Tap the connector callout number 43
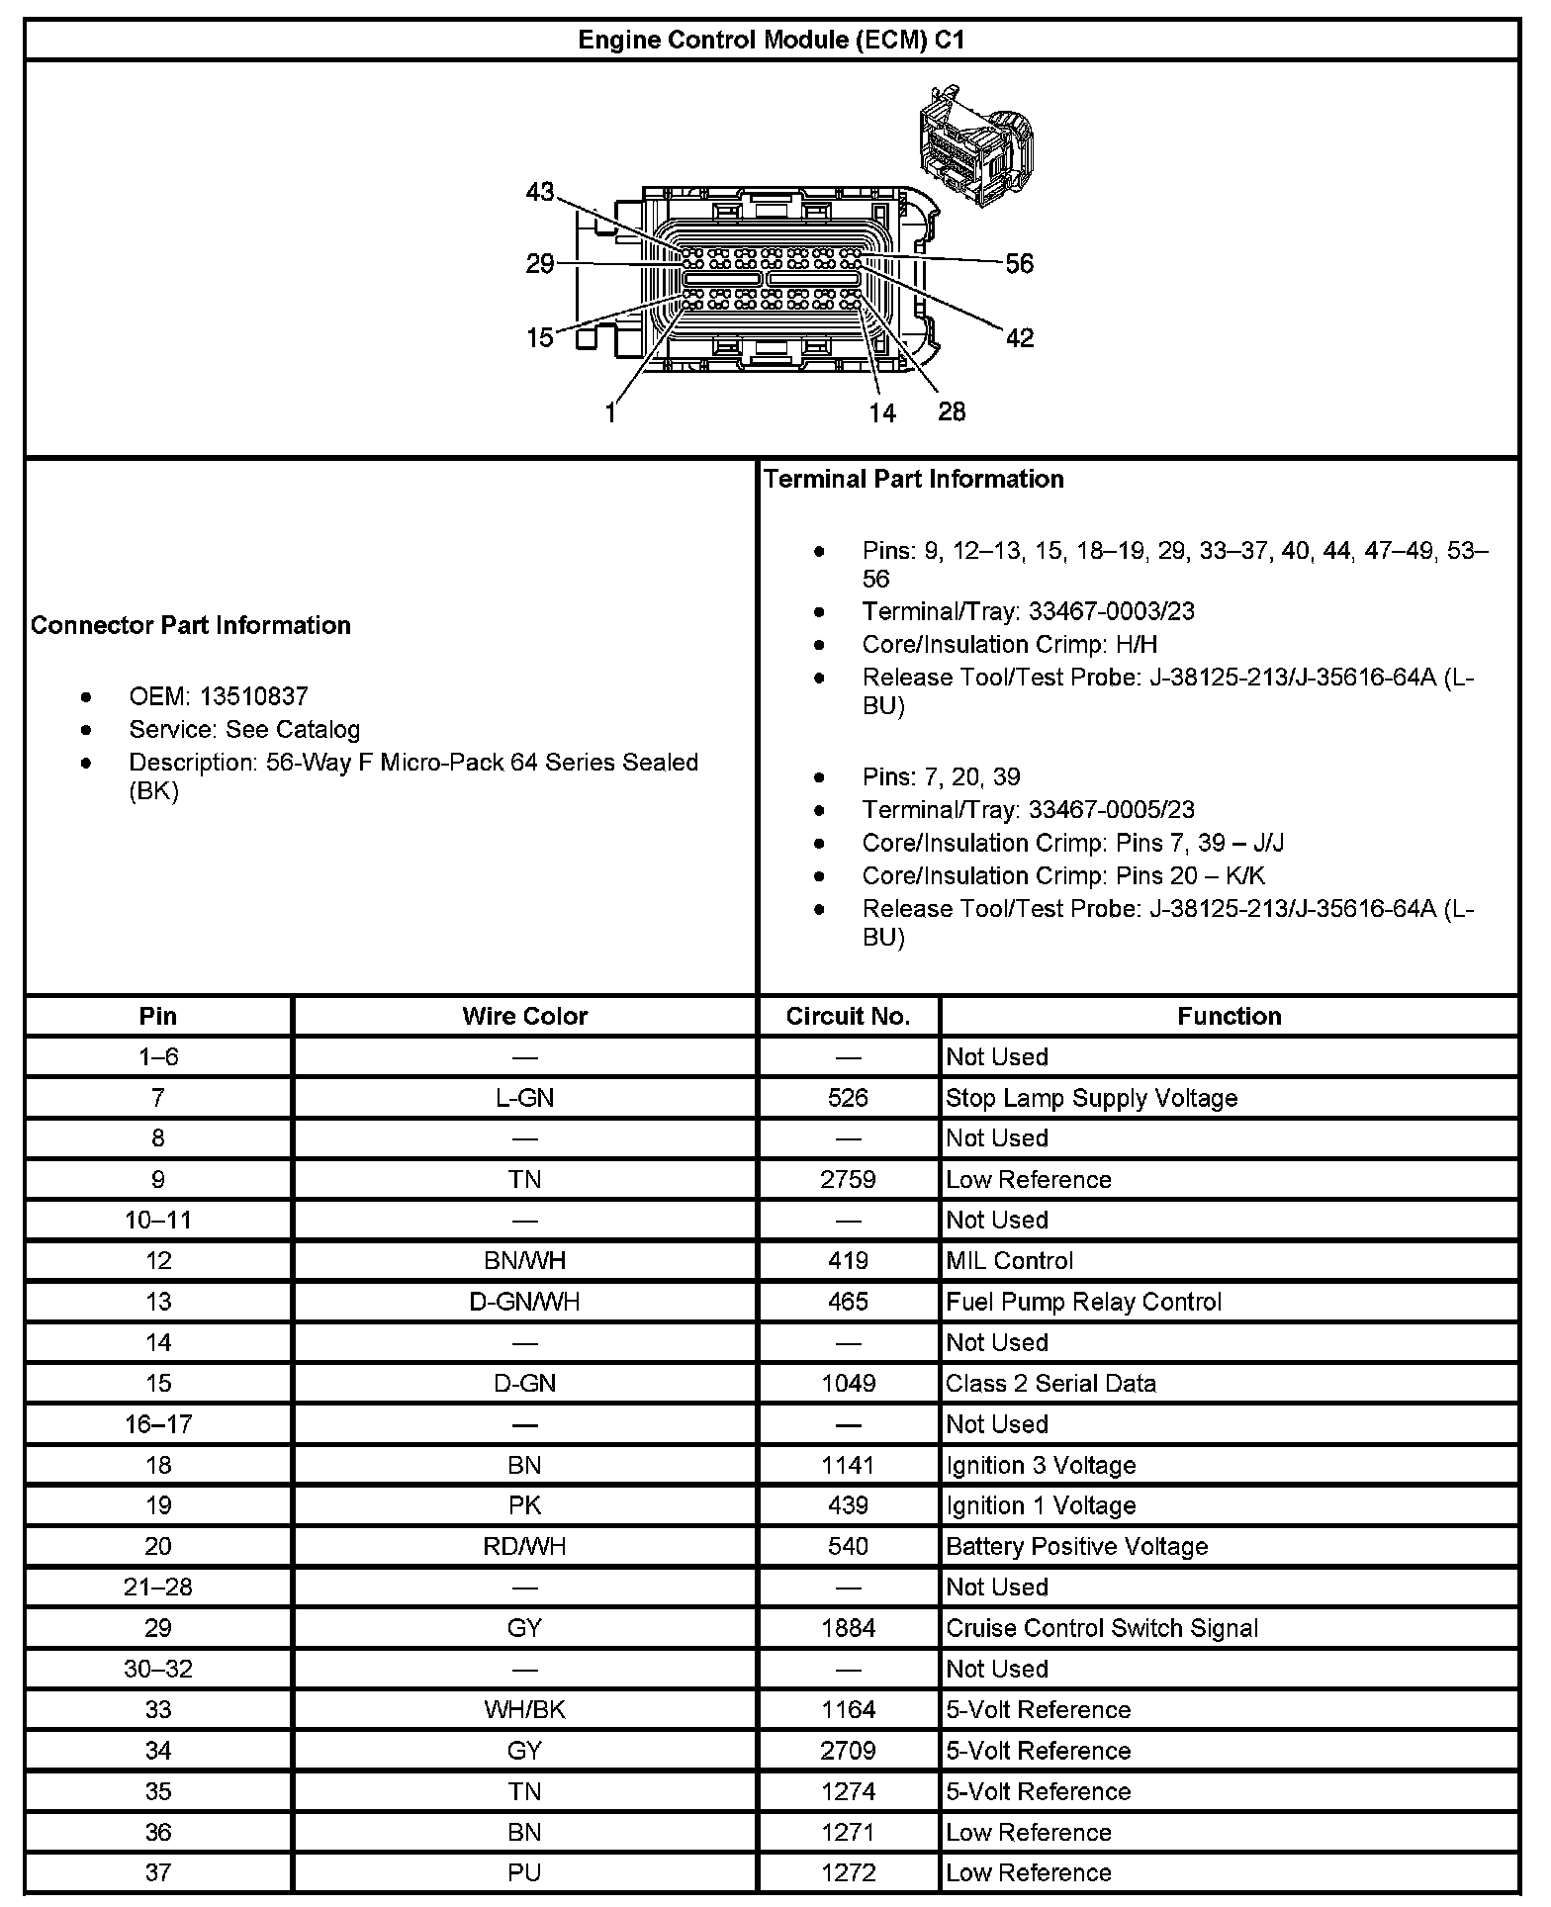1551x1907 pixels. (540, 192)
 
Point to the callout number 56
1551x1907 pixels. (1019, 264)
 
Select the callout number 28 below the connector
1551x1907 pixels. (952, 411)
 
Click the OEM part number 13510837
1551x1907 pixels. (253, 696)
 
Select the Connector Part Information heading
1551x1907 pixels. (191, 625)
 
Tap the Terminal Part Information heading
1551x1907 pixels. (913, 480)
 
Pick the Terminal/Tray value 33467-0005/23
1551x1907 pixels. (1111, 810)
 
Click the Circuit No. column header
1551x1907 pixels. (848, 1016)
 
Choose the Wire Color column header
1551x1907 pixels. (524, 1016)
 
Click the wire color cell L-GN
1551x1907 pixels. (524, 1098)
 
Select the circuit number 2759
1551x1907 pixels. (848, 1179)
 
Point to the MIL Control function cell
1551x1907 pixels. (1009, 1260)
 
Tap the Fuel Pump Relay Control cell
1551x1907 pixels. (1083, 1302)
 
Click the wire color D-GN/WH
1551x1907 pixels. (524, 1302)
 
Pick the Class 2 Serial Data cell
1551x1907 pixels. (1050, 1383)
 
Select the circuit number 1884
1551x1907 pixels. (848, 1628)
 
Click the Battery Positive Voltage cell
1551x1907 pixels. (1076, 1546)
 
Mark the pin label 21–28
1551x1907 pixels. (158, 1587)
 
